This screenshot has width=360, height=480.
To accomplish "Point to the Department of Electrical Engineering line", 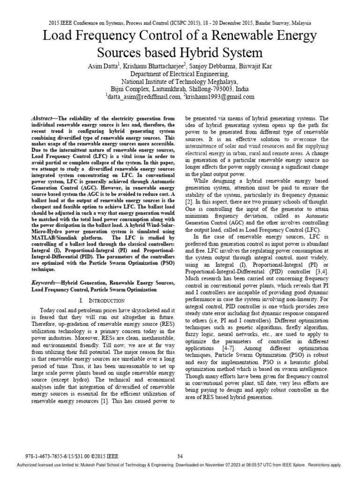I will pyautogui.click(x=180, y=74).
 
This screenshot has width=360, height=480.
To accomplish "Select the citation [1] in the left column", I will pyautogui.click(x=120, y=402).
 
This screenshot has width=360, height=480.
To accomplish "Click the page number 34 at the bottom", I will pyautogui.click(x=180, y=457).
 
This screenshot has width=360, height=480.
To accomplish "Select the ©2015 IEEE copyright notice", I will pyautogui.click(x=105, y=457).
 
